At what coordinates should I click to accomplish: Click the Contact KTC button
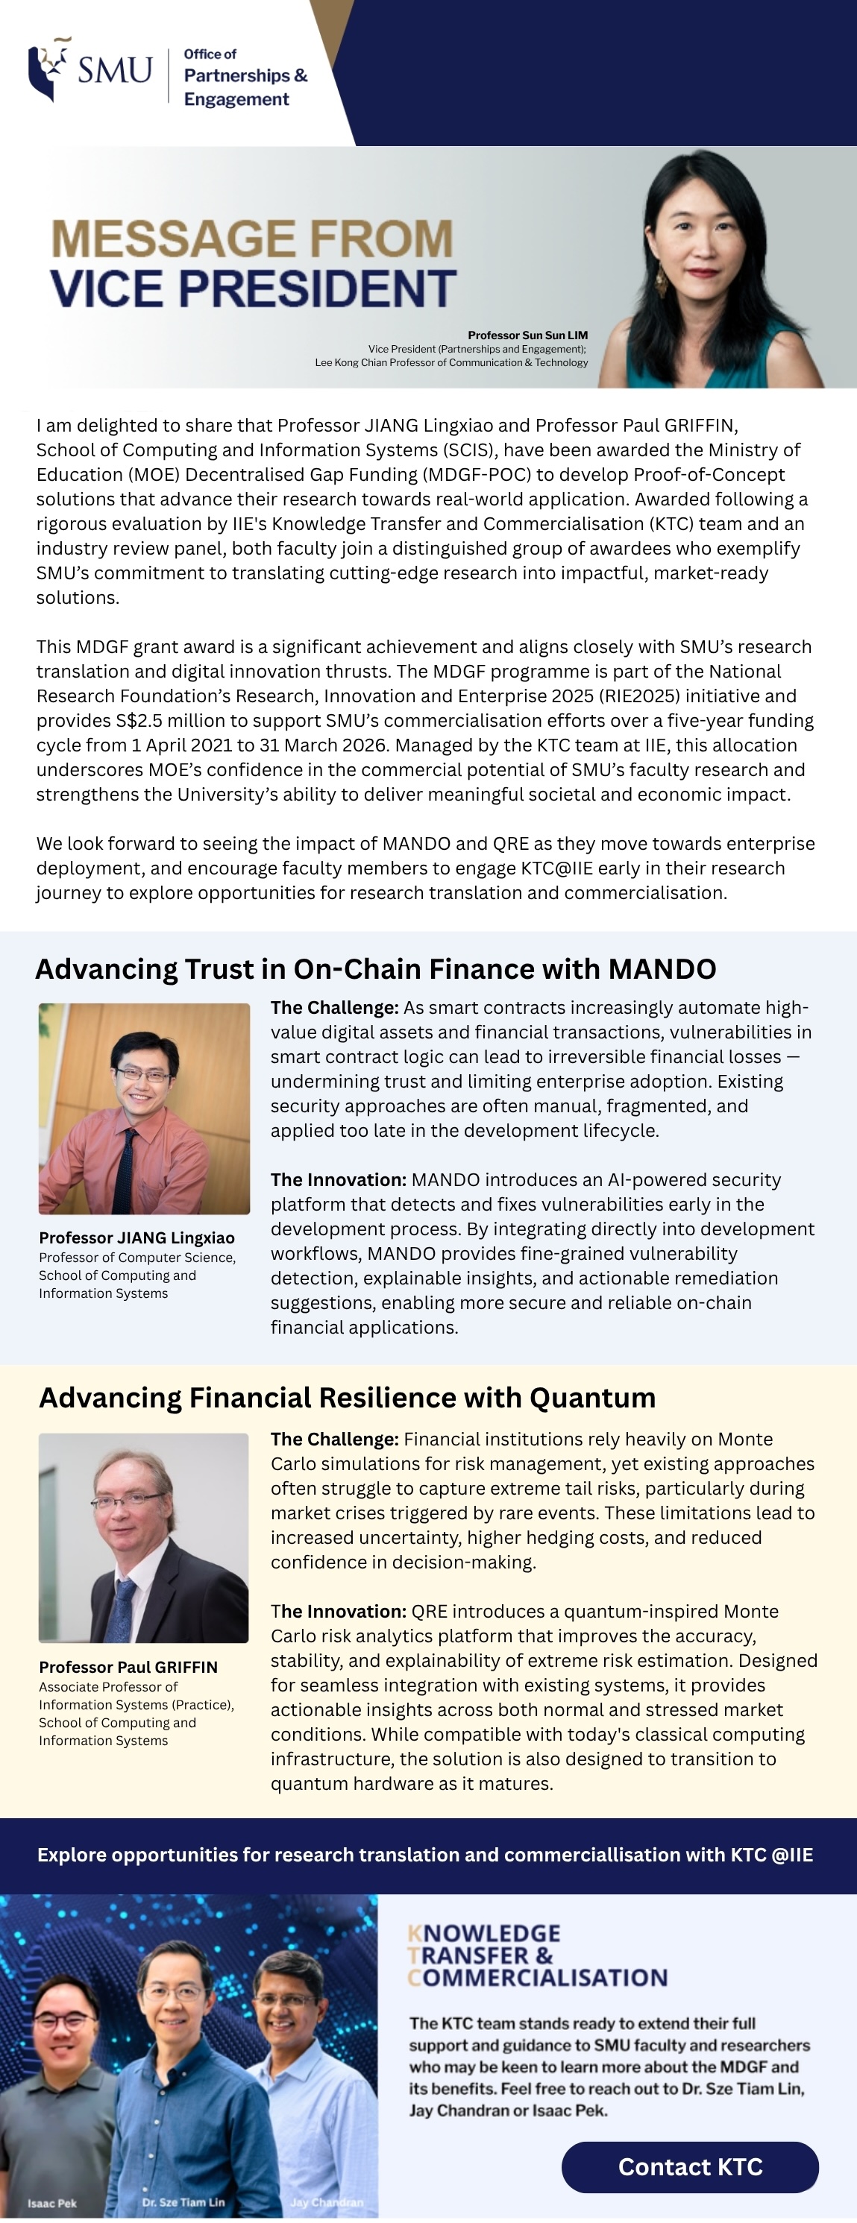690,2166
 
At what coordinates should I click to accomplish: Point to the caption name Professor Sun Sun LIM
527,335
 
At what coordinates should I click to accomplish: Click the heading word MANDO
662,969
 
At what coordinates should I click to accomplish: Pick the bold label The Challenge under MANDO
334,1007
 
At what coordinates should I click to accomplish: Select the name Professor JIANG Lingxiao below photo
136,1237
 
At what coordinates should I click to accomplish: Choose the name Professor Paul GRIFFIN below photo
128,1667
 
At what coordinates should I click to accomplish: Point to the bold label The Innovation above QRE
339,1611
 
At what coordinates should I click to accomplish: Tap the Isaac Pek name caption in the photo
51,2203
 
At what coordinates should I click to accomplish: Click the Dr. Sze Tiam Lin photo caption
183,2201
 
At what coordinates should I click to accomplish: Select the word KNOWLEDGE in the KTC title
484,1933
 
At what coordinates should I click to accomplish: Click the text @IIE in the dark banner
791,1855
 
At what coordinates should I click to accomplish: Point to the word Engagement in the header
236,99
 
